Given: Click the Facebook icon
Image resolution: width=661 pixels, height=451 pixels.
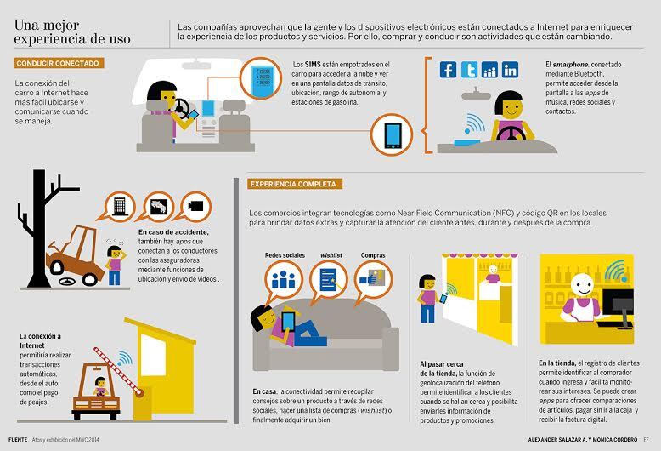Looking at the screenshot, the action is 448,70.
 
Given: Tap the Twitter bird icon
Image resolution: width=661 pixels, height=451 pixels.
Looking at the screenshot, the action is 469,70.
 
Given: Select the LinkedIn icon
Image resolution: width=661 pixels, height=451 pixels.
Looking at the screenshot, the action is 510,70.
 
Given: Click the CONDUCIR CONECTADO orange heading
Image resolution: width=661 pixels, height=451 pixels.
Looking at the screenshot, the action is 58,63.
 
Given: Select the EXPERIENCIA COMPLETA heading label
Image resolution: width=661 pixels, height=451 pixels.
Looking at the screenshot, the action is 294,184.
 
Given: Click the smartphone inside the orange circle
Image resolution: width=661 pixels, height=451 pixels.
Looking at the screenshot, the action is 393,134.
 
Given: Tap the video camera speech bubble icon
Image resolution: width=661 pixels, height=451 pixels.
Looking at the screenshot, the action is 195,206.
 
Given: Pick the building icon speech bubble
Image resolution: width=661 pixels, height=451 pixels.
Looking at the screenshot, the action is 120,206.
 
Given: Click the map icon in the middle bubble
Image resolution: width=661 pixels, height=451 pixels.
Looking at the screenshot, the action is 159,207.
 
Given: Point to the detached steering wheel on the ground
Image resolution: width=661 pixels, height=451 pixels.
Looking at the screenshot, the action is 67,281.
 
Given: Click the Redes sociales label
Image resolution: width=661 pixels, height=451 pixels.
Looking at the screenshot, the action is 285,255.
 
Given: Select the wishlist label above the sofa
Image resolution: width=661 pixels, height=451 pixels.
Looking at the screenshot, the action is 331,255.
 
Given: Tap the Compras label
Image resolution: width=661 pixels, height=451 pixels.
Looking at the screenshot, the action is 373,255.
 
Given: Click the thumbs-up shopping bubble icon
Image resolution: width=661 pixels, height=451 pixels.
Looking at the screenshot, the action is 373,279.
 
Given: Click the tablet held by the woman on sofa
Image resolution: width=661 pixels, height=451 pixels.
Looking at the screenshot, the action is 289,321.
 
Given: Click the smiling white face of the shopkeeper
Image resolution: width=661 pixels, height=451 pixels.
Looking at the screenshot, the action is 583,285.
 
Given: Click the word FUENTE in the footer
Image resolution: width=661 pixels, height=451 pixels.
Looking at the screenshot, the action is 18,440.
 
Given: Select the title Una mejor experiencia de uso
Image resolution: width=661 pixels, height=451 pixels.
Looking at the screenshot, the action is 72,32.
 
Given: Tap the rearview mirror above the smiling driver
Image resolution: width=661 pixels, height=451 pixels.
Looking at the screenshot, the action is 476,94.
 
